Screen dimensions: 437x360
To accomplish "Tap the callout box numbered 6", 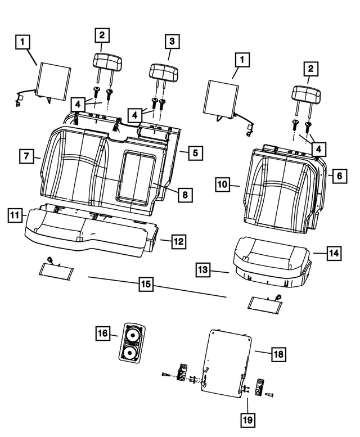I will [337, 175].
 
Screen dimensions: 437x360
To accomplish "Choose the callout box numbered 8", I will [184, 195].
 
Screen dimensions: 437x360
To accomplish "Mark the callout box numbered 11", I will [15, 215].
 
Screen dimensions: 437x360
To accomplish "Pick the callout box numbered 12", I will [178, 241].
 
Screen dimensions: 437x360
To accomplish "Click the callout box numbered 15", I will [146, 285].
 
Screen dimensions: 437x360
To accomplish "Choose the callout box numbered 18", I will [278, 354].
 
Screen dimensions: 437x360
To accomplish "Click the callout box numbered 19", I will [247, 419].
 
